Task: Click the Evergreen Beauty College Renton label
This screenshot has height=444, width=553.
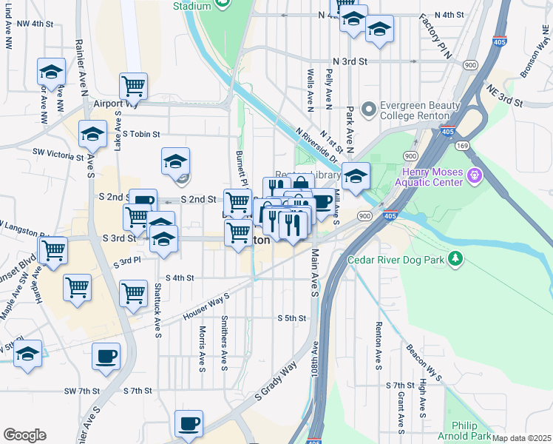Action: [x=415, y=110]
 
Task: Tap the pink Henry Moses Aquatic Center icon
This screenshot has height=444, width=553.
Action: [x=475, y=177]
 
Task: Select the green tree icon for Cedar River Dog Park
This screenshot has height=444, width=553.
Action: [x=457, y=258]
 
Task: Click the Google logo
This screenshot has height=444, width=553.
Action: [x=24, y=434]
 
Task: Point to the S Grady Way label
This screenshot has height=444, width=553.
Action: [x=275, y=380]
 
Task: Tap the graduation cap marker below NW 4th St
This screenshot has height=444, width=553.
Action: [x=52, y=71]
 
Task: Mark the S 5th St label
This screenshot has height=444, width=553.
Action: [x=292, y=318]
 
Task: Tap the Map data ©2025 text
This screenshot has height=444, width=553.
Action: [x=522, y=438]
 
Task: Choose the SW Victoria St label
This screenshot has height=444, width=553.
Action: [x=58, y=155]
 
